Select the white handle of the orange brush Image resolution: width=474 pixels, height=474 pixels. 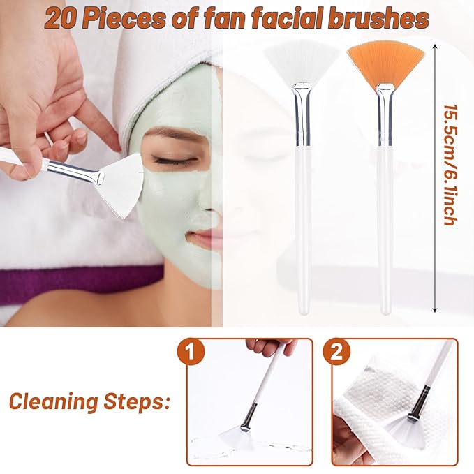[x=385, y=230]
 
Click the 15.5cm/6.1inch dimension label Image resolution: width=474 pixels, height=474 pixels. [x=449, y=165]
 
